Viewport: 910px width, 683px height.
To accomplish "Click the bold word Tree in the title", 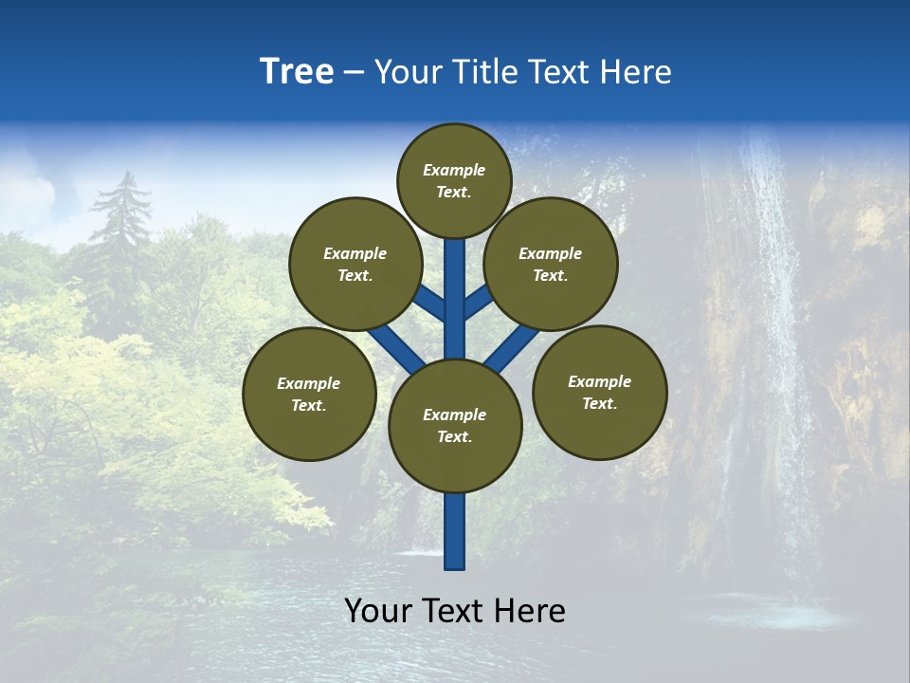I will [297, 71].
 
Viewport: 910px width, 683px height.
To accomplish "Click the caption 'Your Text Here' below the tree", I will [455, 611].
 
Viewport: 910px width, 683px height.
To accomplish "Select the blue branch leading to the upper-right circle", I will [479, 302].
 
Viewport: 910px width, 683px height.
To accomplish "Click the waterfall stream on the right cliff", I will [773, 285].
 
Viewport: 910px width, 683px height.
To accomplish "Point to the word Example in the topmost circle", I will [454, 170].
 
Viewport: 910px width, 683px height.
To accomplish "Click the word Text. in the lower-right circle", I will [600, 403].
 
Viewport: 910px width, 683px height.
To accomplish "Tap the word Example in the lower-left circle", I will [309, 383].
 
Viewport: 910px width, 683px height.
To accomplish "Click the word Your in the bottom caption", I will [376, 611].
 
